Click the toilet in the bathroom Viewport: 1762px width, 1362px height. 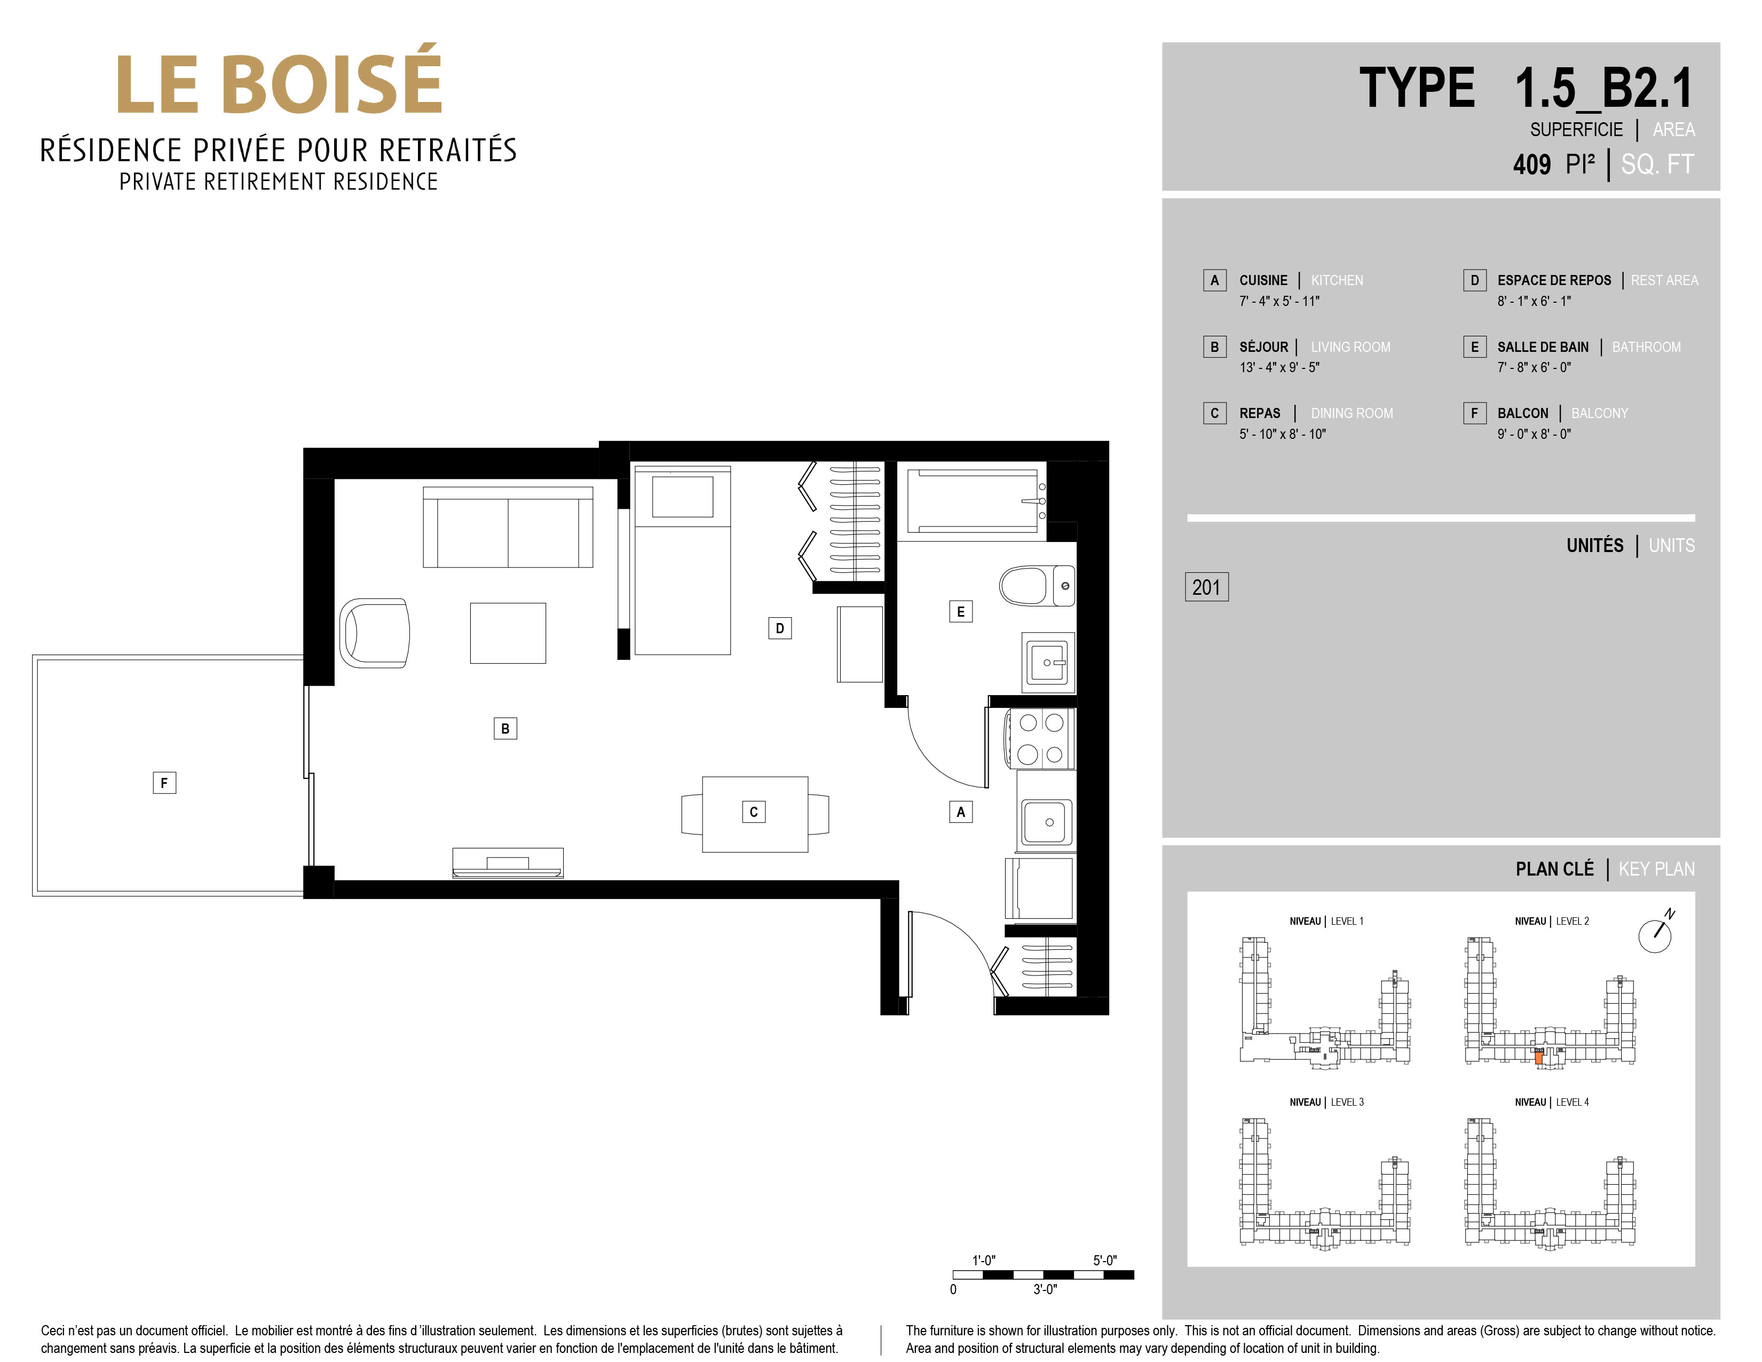pyautogui.click(x=1037, y=586)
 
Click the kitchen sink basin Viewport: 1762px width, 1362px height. pyautogui.click(x=1047, y=821)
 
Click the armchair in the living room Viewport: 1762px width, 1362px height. pyautogui.click(x=374, y=633)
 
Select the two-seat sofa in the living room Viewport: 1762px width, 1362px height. pyautogui.click(x=508, y=527)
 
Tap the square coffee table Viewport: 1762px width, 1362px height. pyautogui.click(x=508, y=633)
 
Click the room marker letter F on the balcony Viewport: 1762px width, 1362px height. pyautogui.click(x=164, y=783)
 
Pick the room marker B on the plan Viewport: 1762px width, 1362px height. pyautogui.click(x=505, y=729)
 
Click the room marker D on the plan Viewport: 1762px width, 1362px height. pyautogui.click(x=779, y=628)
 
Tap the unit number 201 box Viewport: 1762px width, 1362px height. pyautogui.click(x=1206, y=587)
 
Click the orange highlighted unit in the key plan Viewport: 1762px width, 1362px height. pyautogui.click(x=1538, y=1058)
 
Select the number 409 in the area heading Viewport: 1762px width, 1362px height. pyautogui.click(x=1532, y=164)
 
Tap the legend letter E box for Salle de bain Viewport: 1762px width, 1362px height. pyautogui.click(x=1475, y=347)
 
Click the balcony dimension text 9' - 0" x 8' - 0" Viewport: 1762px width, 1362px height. pyautogui.click(x=1535, y=434)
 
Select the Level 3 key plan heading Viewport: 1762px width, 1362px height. pyautogui.click(x=1326, y=1102)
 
